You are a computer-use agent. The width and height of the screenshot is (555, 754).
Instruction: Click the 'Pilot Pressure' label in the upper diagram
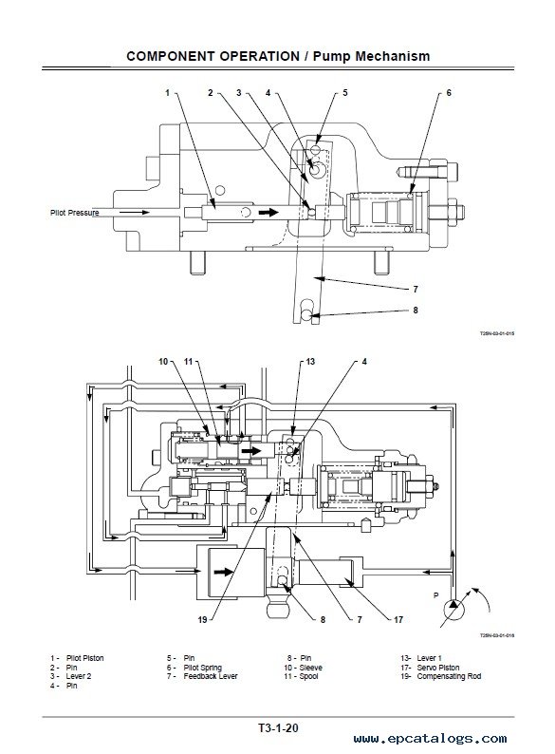pyautogui.click(x=75, y=213)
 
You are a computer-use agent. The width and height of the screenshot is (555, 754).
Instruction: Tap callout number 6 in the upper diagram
pyautogui.click(x=449, y=93)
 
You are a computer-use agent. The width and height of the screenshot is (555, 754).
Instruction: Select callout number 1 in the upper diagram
pyautogui.click(x=167, y=93)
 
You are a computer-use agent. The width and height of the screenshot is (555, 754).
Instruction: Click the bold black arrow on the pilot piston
pyautogui.click(x=268, y=212)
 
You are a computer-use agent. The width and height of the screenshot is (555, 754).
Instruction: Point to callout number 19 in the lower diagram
pyautogui.click(x=202, y=620)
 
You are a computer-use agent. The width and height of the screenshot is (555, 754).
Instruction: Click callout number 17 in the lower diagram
pyautogui.click(x=398, y=620)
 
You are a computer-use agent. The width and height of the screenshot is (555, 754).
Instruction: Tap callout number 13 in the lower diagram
pyautogui.click(x=310, y=362)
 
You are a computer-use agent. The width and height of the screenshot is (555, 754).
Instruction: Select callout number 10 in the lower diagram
pyautogui.click(x=163, y=362)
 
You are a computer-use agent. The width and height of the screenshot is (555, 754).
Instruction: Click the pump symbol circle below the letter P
pyautogui.click(x=453, y=610)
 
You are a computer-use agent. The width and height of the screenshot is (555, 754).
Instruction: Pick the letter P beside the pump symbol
pyautogui.click(x=436, y=595)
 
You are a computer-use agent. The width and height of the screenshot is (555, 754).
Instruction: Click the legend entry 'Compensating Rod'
pyautogui.click(x=449, y=676)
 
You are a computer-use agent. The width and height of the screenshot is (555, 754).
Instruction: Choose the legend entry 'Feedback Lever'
pyautogui.click(x=211, y=676)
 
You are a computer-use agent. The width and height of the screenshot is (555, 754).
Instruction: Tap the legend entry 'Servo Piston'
pyautogui.click(x=438, y=668)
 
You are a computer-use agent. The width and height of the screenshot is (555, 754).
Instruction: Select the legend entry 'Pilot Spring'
pyautogui.click(x=202, y=668)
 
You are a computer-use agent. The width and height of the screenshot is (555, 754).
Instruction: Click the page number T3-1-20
pyautogui.click(x=278, y=728)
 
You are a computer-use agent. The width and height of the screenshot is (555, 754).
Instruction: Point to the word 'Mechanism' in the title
pyautogui.click(x=393, y=56)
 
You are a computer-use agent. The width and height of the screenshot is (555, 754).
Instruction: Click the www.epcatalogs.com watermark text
pyautogui.click(x=430, y=739)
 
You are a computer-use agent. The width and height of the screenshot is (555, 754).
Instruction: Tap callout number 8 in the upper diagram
pyautogui.click(x=416, y=311)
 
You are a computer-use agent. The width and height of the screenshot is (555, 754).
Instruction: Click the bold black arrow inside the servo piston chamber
pyautogui.click(x=224, y=572)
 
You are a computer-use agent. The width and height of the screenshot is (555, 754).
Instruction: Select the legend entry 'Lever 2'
pyautogui.click(x=79, y=676)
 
